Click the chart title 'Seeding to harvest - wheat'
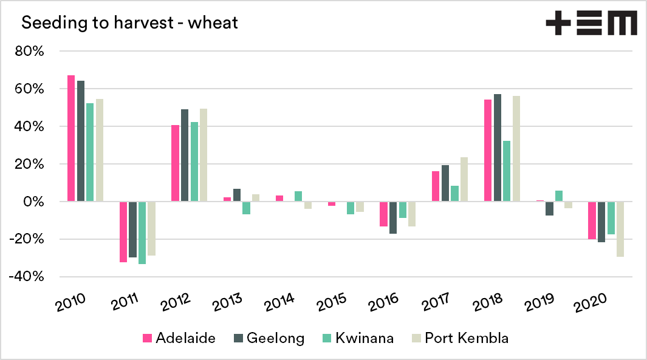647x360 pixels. [129, 24]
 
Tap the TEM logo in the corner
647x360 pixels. [591, 24]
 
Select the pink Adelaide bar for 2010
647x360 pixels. [71, 138]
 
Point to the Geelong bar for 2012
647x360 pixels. [185, 155]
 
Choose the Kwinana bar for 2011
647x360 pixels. [142, 233]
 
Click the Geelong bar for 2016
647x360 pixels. [393, 217]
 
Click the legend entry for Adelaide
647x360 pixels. [179, 338]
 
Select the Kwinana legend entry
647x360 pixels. [357, 338]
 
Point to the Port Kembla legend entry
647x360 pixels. [459, 338]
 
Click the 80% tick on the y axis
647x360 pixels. [30, 52]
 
